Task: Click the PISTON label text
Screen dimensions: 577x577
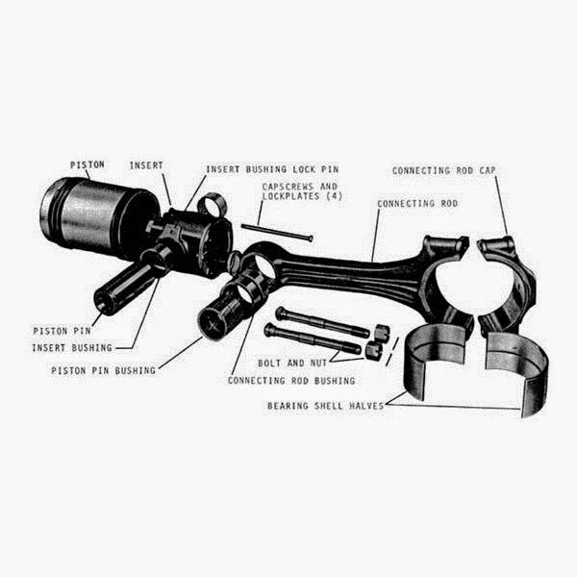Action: point(86,165)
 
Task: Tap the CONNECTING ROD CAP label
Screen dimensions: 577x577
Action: point(445,170)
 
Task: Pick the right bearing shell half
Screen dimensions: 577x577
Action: point(519,370)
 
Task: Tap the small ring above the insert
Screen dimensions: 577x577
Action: point(213,202)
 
